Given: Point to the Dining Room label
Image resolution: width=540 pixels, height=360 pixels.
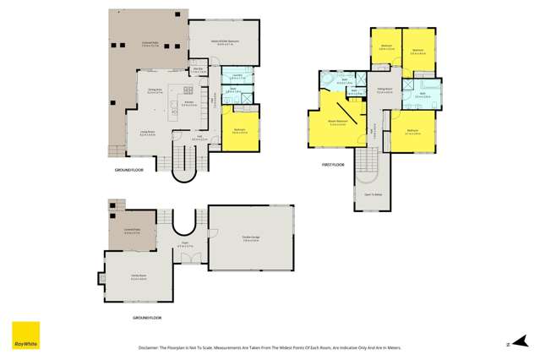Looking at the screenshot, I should pos(155,90).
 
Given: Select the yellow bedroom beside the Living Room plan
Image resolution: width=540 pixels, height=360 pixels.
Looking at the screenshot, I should pos(239,131).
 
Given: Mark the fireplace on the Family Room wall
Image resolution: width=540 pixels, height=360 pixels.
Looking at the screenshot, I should pos(101,278).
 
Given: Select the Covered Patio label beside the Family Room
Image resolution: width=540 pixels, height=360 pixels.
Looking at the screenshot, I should pos(133,232).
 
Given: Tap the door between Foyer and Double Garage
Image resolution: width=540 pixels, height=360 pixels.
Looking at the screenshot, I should pos(208,244).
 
